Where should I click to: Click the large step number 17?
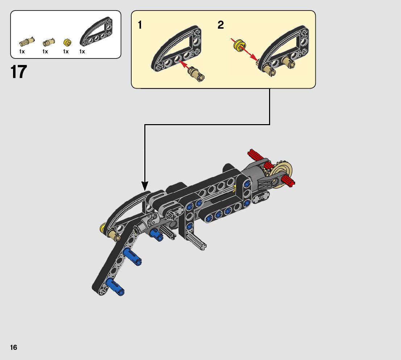point(19,71)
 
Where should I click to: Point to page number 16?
point(13,348)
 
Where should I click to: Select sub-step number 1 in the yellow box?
point(140,25)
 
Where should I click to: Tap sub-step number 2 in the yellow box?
point(221,25)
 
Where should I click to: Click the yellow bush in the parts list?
point(66,42)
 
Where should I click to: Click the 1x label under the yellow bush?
point(66,52)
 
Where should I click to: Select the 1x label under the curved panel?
point(82,52)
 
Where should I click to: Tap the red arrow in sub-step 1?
point(185,65)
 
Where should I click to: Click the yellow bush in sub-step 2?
point(240,46)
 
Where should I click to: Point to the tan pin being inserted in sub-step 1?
point(196,73)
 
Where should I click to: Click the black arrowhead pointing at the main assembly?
point(145,186)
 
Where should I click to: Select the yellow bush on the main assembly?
point(103,228)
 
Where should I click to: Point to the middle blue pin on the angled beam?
point(132,257)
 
